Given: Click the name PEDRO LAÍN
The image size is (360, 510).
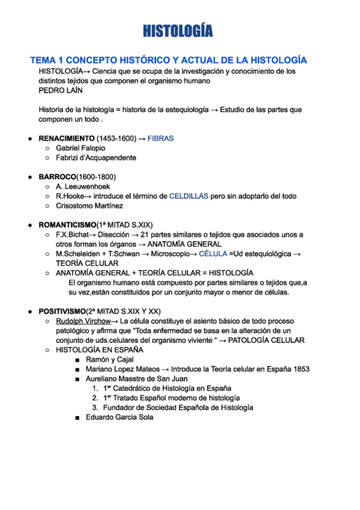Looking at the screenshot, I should click(x=61, y=90).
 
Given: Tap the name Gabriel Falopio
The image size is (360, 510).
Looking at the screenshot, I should click(x=81, y=148).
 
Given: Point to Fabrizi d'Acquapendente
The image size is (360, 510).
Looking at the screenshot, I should click(x=96, y=158).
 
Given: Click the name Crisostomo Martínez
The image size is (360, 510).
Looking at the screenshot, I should click(x=89, y=206).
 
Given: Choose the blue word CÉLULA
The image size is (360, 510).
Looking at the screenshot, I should click(x=213, y=254).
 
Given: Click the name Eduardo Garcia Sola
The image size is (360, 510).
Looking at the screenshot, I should click(x=120, y=417).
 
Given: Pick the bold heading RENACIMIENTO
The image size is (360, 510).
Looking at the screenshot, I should click(x=66, y=138).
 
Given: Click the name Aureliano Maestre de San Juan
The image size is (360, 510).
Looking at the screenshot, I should click(x=136, y=379).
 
